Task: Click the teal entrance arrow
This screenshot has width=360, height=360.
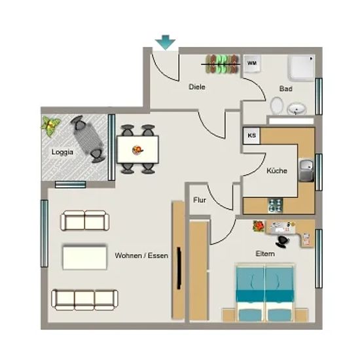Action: tap(166, 43)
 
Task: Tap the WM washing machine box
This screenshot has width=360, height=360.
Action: tap(252, 63)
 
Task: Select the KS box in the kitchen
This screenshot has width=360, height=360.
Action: tap(251, 135)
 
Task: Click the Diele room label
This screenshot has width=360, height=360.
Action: tap(197, 87)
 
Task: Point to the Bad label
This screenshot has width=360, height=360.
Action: tap(286, 88)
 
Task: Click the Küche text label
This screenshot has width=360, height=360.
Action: tap(277, 171)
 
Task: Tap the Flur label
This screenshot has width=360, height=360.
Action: tap(200, 200)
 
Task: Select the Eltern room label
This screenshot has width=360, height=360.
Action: tap(265, 254)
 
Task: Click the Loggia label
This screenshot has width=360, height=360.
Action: tap(62, 152)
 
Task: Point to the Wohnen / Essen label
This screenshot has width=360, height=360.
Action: tap(141, 255)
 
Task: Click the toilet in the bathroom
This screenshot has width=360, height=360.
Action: tap(277, 105)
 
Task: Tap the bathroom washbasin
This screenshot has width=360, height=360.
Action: tap(297, 109)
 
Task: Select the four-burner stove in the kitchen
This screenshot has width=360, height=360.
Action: tap(276, 205)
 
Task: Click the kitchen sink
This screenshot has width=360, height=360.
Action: tap(306, 170)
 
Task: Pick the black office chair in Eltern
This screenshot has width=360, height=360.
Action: tap(282, 242)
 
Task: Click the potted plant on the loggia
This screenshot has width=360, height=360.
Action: tap(50, 126)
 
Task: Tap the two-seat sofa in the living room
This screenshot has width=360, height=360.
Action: tap(84, 221)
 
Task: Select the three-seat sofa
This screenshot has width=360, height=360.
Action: tap(84, 300)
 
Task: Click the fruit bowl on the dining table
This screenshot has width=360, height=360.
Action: tap(137, 150)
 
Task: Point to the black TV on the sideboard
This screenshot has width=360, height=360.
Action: tap(179, 268)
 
